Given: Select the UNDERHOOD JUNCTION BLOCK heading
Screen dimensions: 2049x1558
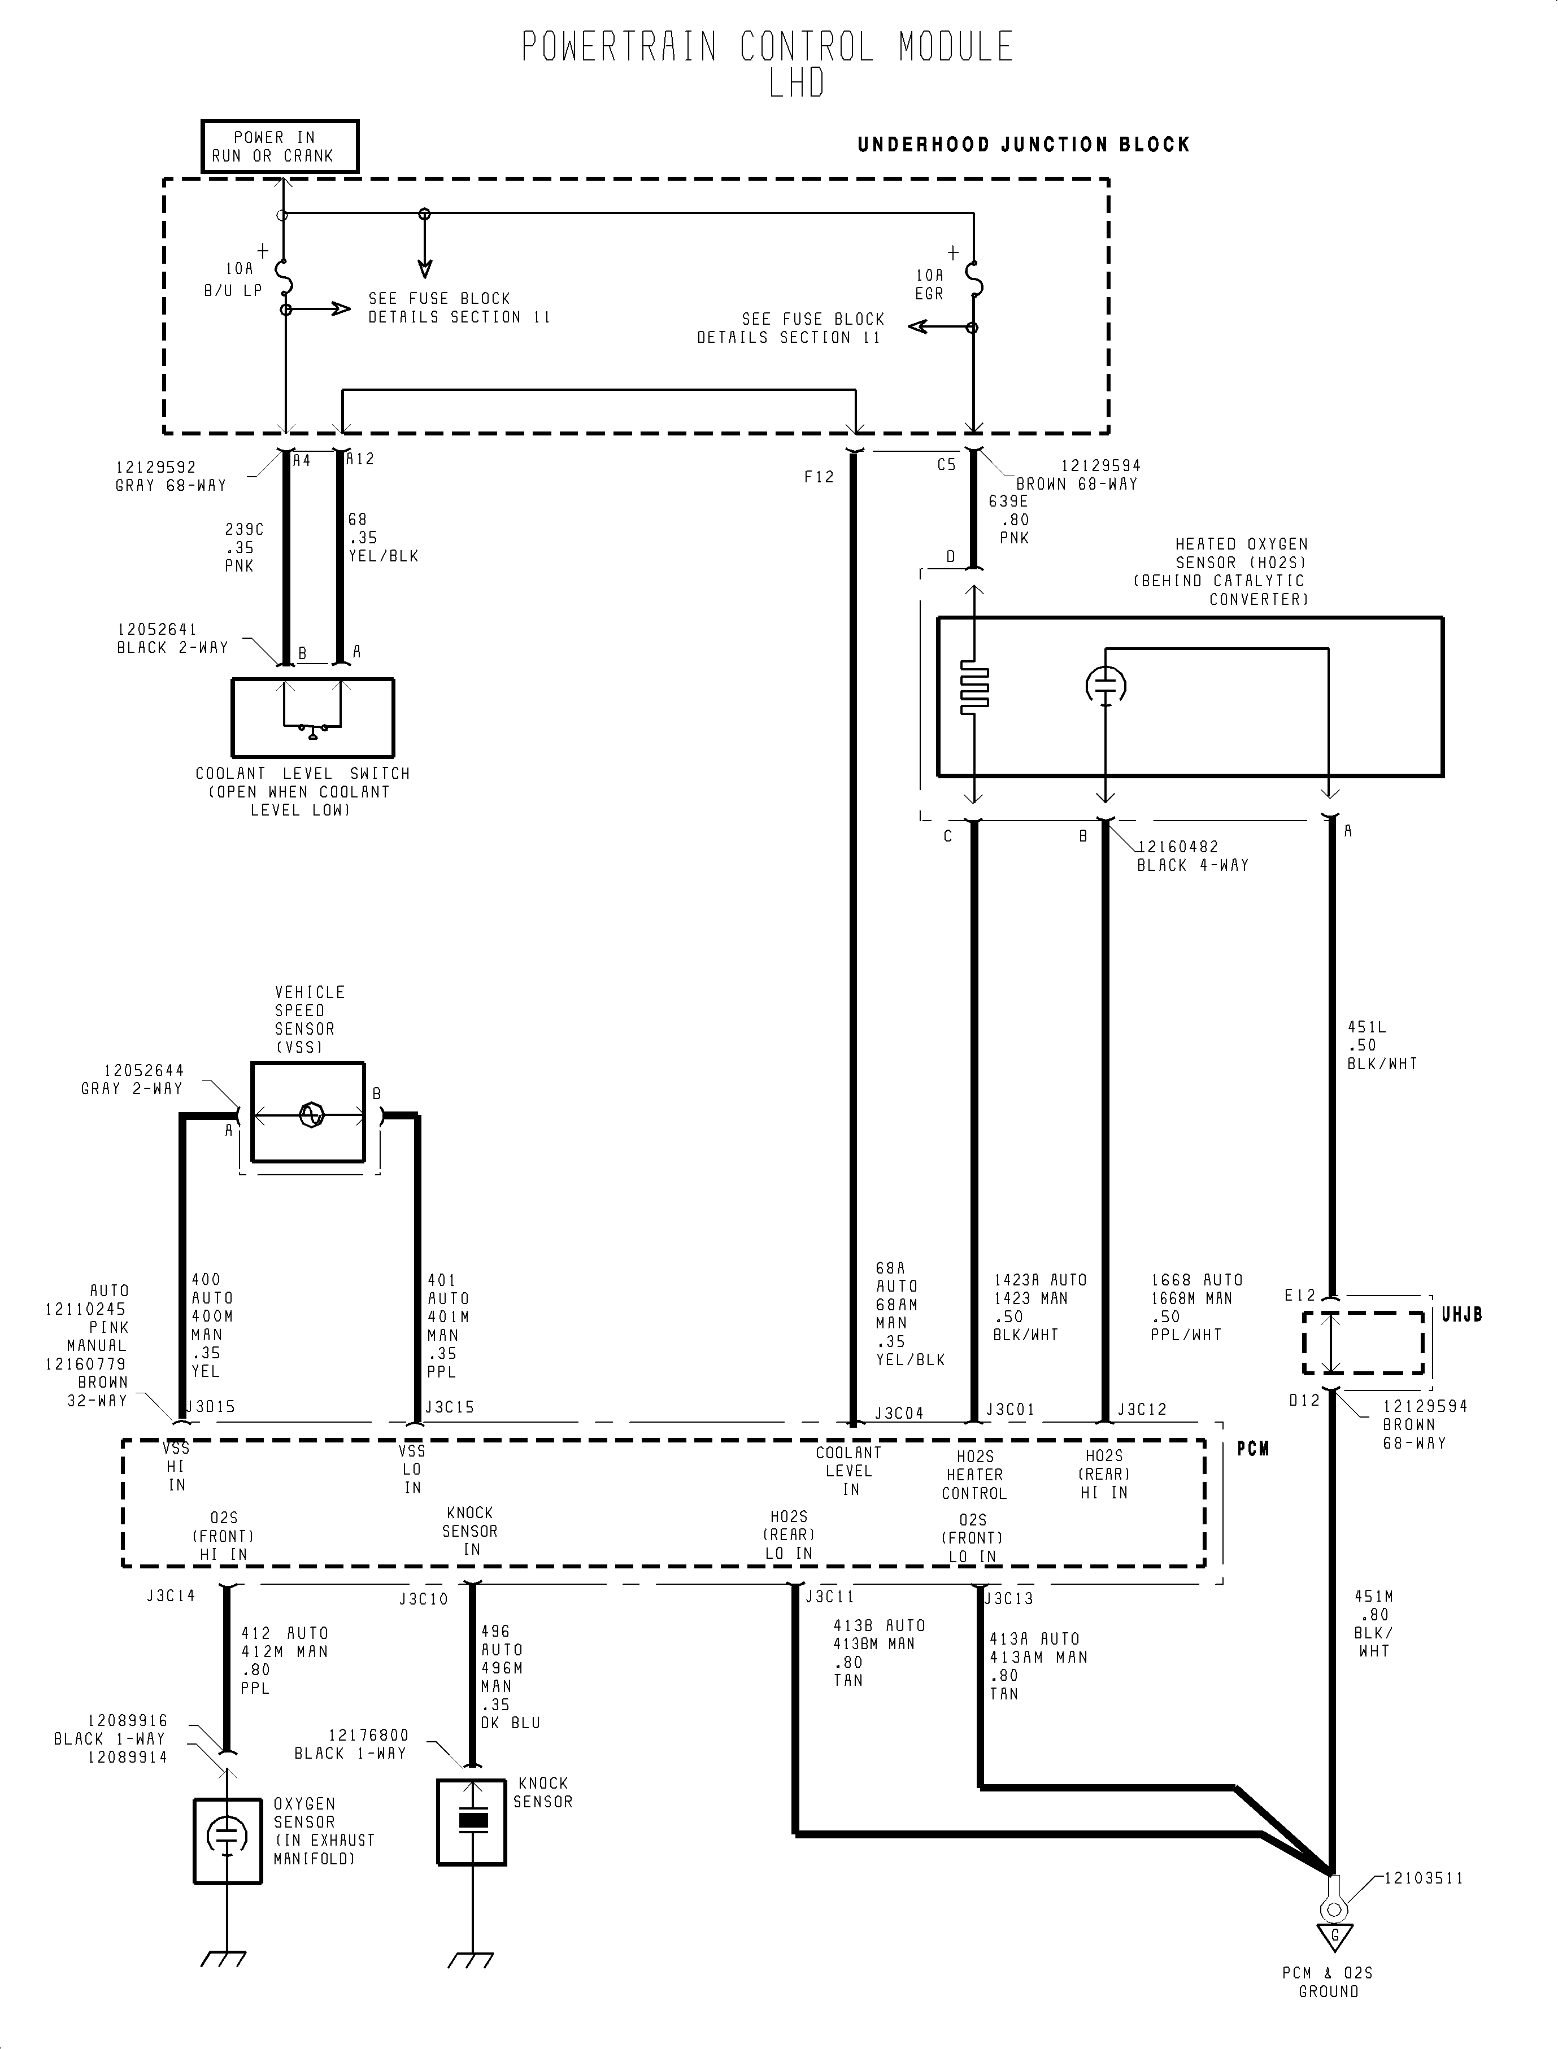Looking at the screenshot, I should click(1023, 145).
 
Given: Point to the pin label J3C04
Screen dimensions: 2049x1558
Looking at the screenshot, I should click(899, 1413).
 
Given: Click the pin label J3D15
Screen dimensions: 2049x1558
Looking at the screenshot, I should click(211, 1406).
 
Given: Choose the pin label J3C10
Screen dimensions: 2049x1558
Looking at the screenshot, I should click(424, 1599).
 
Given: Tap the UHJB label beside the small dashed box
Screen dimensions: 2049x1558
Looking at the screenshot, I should click(1461, 1315).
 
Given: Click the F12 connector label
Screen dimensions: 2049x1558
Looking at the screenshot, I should click(819, 477).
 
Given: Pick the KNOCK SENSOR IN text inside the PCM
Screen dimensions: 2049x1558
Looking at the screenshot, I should click(470, 1531).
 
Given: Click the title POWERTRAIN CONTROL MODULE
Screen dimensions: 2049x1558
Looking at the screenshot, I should click(767, 47).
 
